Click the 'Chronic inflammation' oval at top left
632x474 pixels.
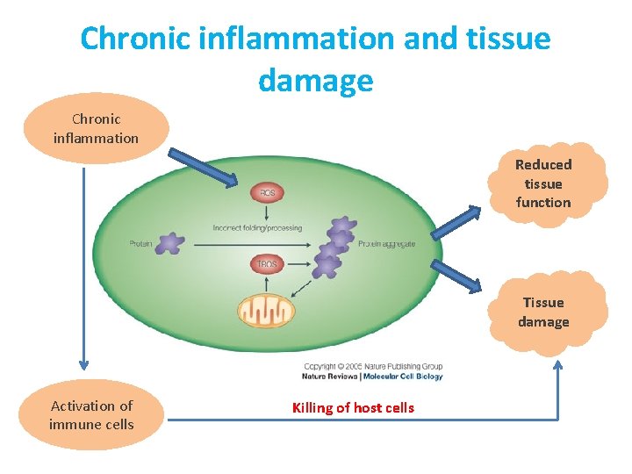[x=96, y=128]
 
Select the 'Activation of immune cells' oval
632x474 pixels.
[x=92, y=415]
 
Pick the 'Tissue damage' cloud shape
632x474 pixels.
[x=543, y=312]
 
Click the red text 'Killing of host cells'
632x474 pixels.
[x=353, y=407]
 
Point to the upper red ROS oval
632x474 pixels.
[x=267, y=193]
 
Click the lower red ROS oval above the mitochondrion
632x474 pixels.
[x=267, y=263]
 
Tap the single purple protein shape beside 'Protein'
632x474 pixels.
[x=170, y=243]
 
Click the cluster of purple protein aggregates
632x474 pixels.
[x=334, y=247]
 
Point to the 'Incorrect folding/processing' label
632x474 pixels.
[x=257, y=228]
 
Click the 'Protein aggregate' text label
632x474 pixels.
[x=386, y=244]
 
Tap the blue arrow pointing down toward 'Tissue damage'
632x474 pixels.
[x=457, y=275]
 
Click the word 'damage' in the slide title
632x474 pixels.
[x=315, y=81]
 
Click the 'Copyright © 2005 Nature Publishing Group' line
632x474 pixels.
[x=372, y=367]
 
